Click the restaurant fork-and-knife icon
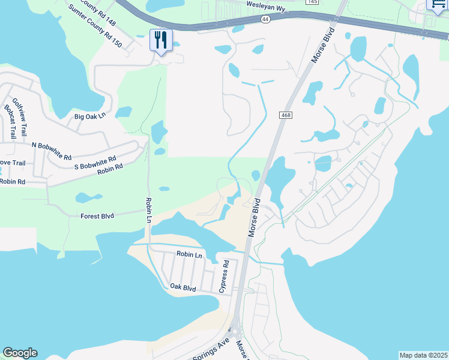click(161, 40)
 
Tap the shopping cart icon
click(438, 4)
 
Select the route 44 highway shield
click(265, 20)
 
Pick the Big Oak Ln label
click(89, 116)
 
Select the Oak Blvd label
click(183, 288)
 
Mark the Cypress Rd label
click(224, 276)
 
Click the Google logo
click(20, 353)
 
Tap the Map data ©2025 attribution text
click(423, 355)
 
